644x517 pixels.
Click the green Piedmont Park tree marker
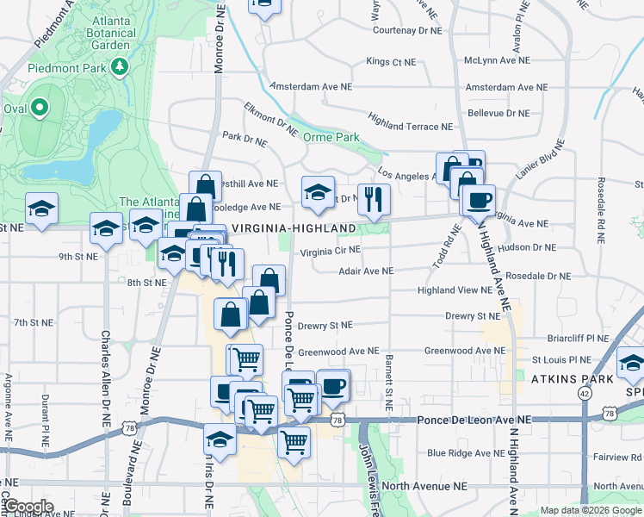121,66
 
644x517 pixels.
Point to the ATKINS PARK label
569,378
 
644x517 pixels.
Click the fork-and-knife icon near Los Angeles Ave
374,200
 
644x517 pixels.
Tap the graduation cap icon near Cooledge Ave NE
317,192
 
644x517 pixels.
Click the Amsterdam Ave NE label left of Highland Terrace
310,87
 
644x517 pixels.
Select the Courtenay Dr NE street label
406,29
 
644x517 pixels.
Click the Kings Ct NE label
391,61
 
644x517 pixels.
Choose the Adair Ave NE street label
366,271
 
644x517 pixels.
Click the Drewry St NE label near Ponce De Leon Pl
325,325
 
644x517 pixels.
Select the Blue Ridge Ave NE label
466,452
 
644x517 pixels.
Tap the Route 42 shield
585,392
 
